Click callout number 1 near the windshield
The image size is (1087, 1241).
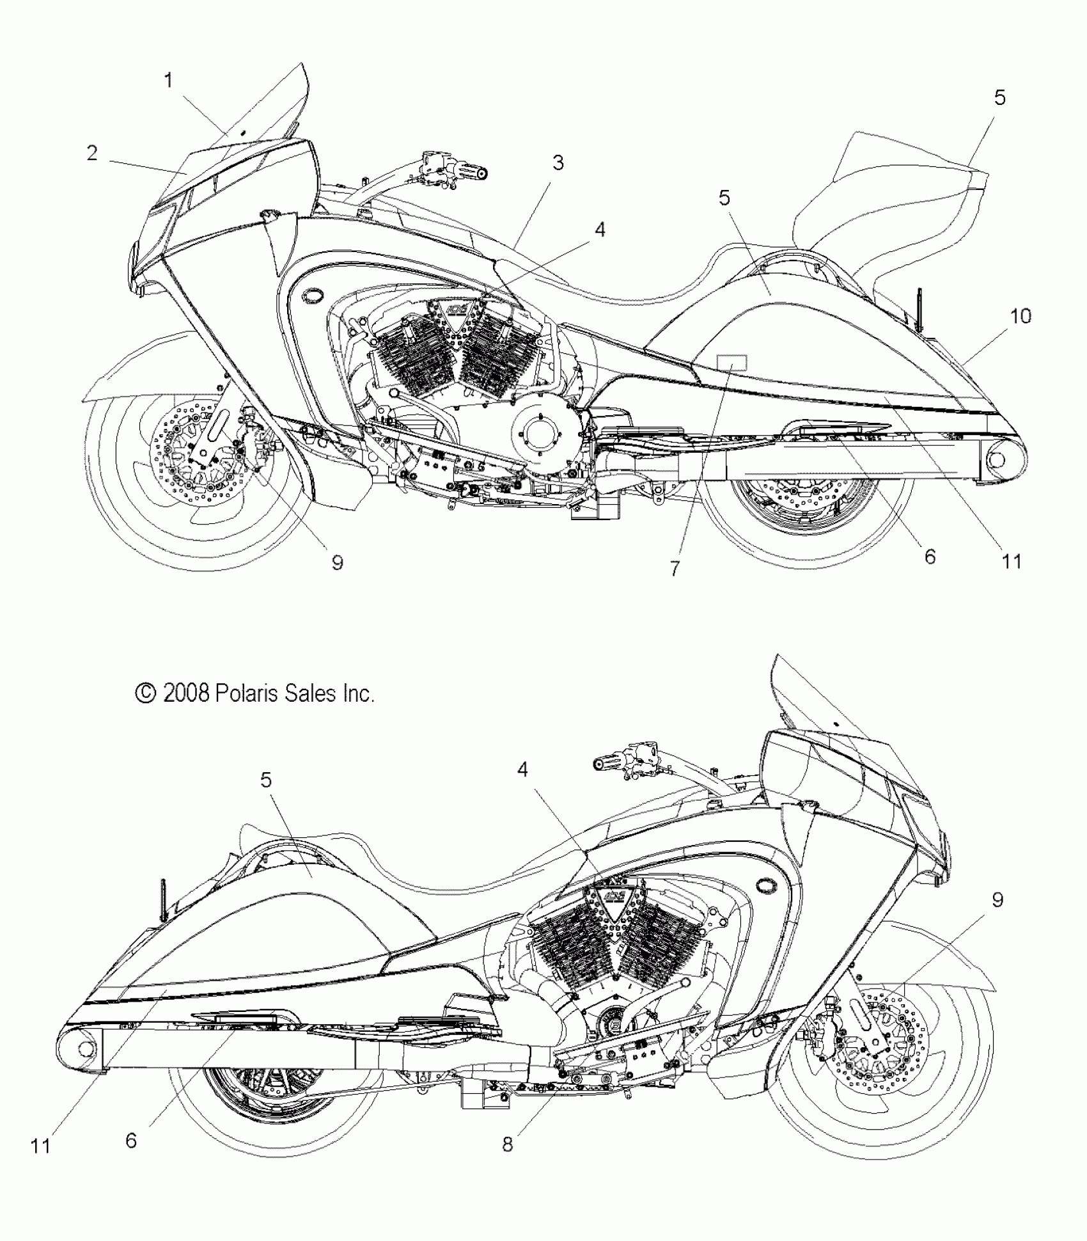point(168,81)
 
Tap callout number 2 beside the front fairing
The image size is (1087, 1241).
point(92,153)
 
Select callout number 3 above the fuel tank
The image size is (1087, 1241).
point(558,163)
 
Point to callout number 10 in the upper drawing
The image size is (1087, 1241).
point(1021,316)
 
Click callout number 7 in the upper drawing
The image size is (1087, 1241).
point(675,568)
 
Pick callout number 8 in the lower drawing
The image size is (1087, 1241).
point(507,1144)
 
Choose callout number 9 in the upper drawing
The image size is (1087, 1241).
point(337,562)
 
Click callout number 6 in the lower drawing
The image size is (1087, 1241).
point(130,1140)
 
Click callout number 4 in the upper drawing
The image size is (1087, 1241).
point(599,229)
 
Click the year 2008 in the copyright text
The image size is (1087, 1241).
point(186,693)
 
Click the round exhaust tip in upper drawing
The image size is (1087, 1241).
point(998,459)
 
